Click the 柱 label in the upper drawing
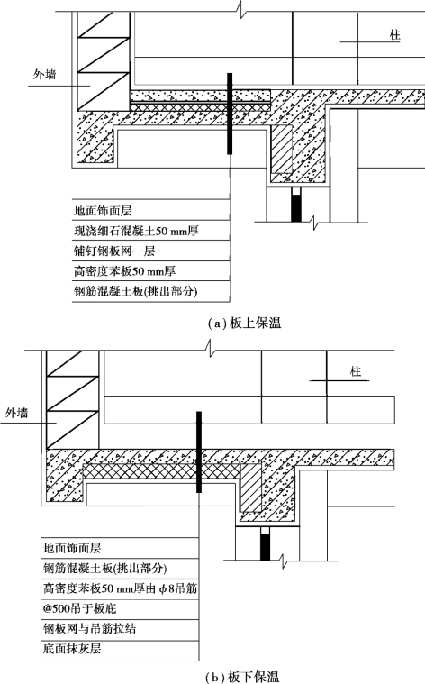click(x=395, y=35)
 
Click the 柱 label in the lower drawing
click(x=356, y=371)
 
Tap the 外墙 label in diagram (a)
click(x=45, y=75)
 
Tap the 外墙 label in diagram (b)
click(x=16, y=412)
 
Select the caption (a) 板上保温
click(x=244, y=324)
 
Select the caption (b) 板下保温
click(x=242, y=677)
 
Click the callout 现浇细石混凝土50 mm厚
click(x=137, y=231)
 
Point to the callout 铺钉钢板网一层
click(x=114, y=251)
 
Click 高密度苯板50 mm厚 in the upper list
click(x=124, y=271)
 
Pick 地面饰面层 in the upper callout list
click(x=103, y=211)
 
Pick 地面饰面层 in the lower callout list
click(x=72, y=548)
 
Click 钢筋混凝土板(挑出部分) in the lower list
click(x=104, y=568)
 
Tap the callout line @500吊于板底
click(x=79, y=608)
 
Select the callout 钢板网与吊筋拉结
click(x=89, y=629)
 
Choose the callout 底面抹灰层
click(x=72, y=649)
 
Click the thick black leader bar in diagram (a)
click(x=230, y=114)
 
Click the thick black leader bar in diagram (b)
click(x=199, y=451)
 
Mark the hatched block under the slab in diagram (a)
click(x=281, y=149)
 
